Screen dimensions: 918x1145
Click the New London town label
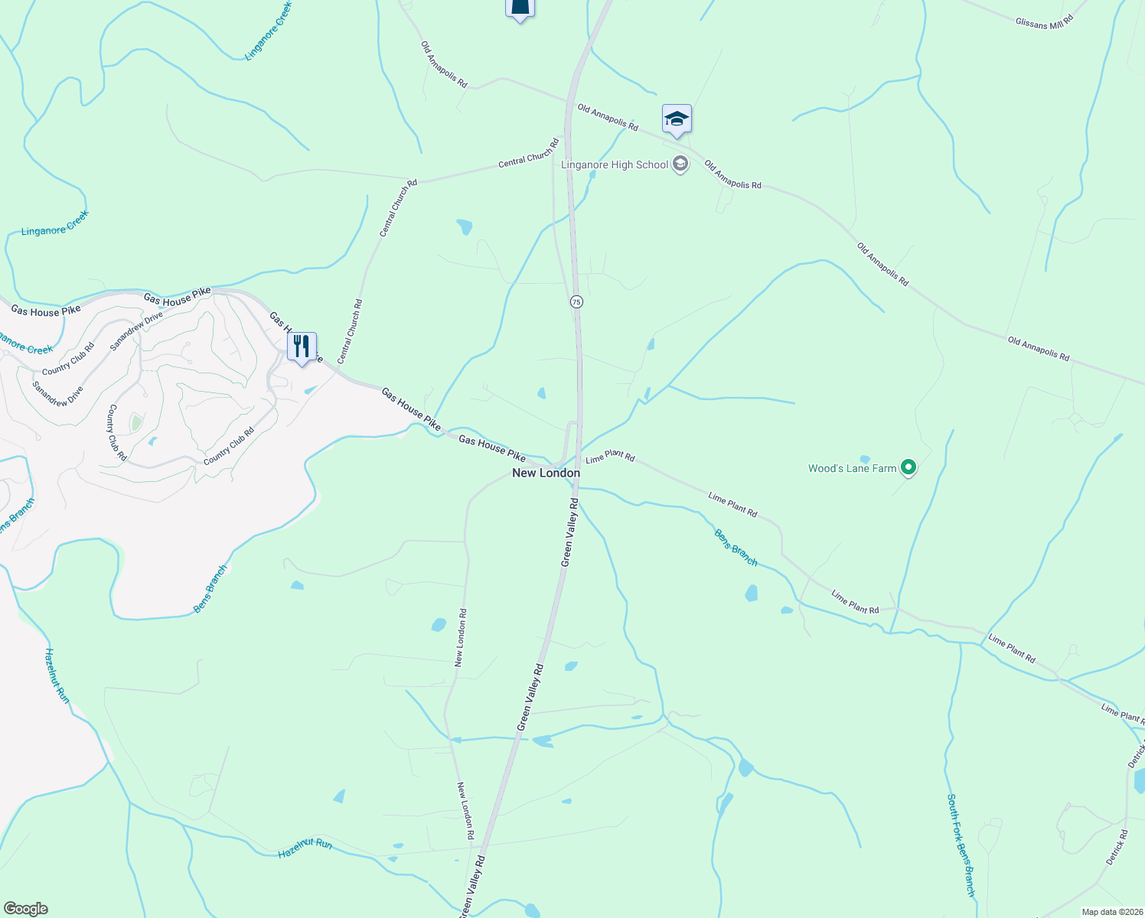[546, 473]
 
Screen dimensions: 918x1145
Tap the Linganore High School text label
[615, 164]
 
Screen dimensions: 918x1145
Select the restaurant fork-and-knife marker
[302, 347]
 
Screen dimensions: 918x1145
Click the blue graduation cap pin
[677, 119]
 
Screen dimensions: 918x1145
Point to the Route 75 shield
[576, 302]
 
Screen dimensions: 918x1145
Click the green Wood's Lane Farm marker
[908, 467]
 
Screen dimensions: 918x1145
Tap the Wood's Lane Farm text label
[852, 468]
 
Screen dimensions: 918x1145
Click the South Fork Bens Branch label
[961, 845]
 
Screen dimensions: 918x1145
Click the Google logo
[26, 909]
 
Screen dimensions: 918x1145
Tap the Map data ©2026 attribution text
[1111, 912]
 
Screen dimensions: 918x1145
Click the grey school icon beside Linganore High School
[680, 164]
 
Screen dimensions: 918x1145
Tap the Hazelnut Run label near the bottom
[305, 848]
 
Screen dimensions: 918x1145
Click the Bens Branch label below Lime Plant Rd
[736, 548]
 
